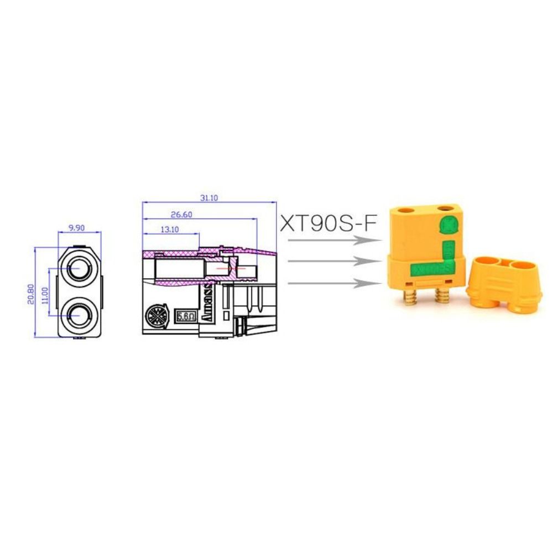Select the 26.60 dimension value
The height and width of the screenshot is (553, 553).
click(181, 215)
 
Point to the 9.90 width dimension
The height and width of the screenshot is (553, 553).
click(79, 228)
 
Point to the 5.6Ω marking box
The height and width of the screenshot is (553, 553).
click(185, 316)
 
